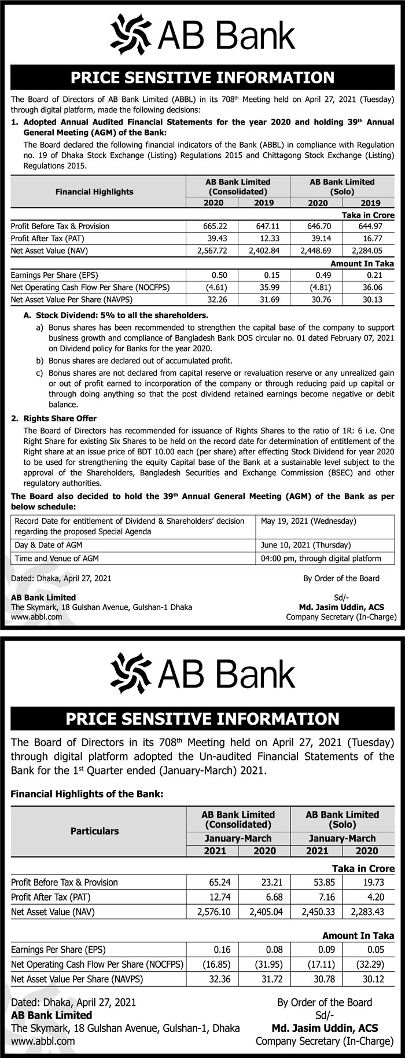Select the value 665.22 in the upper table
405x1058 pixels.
(224, 226)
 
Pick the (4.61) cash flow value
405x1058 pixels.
(223, 287)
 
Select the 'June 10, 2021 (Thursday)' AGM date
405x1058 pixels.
(305, 545)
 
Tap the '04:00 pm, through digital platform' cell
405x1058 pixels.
(321, 558)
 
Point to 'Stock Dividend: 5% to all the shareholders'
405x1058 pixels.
(116, 316)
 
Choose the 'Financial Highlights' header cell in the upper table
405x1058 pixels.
(94, 192)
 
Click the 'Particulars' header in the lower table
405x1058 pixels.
(94, 831)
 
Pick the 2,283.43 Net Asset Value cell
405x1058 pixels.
(366, 911)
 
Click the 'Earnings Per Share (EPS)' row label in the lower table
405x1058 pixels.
(58, 949)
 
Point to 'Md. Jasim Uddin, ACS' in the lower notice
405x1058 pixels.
(325, 1028)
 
